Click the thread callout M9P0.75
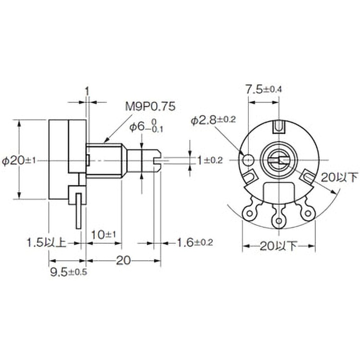tap(150, 106)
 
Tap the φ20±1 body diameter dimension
tap(19, 161)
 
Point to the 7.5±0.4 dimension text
tap(264, 90)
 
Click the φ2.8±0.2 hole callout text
tap(213, 121)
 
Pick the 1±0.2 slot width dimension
tap(210, 161)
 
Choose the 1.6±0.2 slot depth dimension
tap(195, 243)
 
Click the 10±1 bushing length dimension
tap(104, 234)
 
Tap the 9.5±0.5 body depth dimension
tap(69, 272)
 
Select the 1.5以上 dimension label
tap(47, 243)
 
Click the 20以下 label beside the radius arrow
tap(340, 177)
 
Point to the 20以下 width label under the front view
tap(278, 247)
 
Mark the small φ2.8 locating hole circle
tap(248, 160)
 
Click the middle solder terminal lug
tap(279, 217)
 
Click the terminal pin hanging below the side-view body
tap(79, 211)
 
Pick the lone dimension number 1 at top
tap(87, 91)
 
